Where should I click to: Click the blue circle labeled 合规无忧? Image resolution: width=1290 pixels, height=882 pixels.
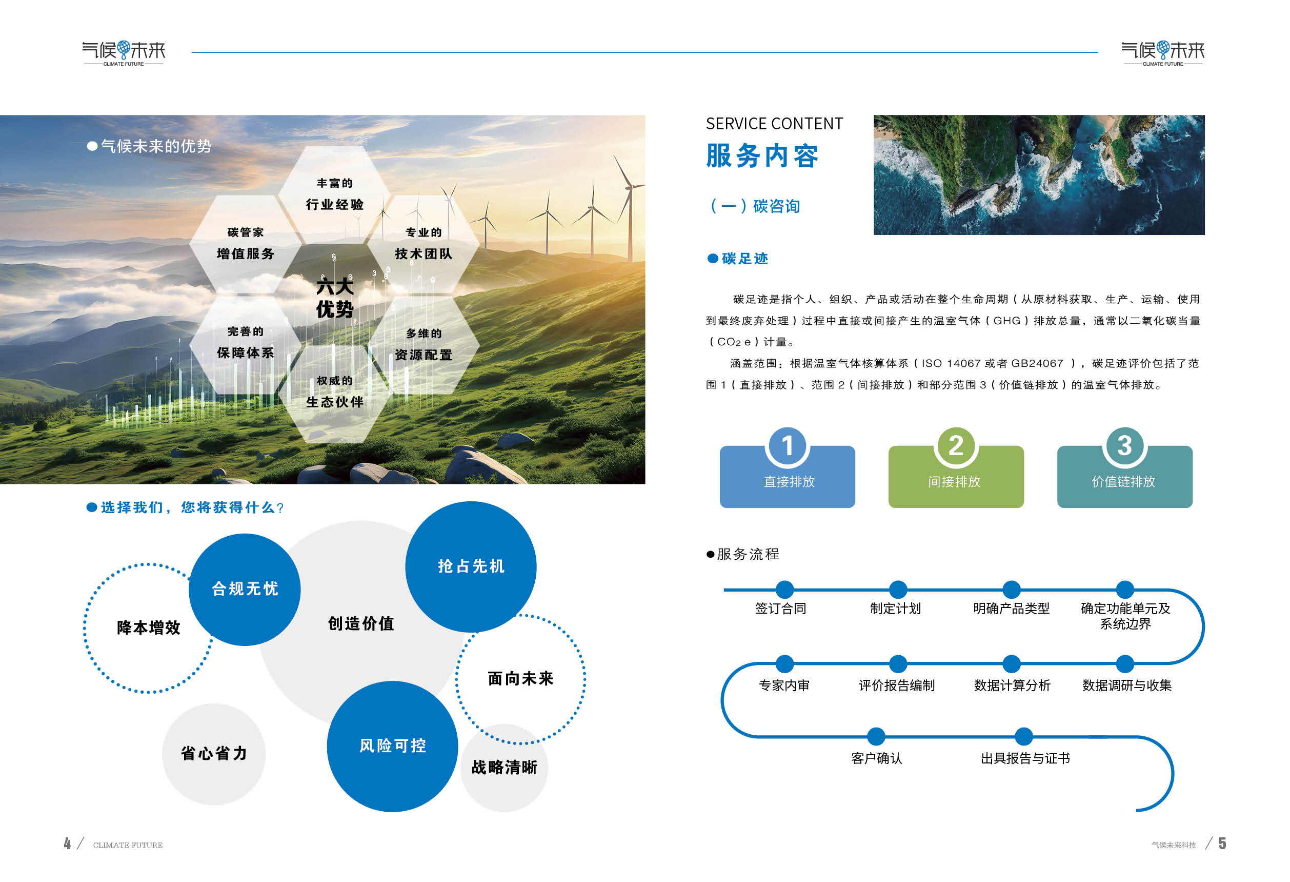245,590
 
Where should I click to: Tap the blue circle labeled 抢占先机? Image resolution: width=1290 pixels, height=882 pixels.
471,566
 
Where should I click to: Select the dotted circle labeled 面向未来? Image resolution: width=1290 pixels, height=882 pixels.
520,679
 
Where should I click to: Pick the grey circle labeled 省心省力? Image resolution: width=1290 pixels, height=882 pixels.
214,754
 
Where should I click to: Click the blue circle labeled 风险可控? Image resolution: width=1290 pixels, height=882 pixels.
392,746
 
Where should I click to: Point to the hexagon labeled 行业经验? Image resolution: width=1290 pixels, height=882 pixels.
335,194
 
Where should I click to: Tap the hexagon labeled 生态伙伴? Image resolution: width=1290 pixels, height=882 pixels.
335,393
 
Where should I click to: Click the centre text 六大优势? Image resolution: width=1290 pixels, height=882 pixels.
335,298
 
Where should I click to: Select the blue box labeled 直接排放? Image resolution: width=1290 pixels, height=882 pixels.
787,477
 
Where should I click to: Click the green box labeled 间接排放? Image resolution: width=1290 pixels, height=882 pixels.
956,477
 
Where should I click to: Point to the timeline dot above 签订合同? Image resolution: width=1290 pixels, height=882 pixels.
784,590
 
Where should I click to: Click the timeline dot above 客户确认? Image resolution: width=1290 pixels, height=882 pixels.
876,736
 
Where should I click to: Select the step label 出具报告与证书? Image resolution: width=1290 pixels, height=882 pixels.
1025,758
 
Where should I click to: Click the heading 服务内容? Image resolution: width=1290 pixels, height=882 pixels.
762,155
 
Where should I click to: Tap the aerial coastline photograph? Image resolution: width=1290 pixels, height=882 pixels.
1039,175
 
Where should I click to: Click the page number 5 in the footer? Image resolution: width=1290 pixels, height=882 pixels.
1222,844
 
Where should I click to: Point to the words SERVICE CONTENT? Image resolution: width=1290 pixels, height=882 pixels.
774,123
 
